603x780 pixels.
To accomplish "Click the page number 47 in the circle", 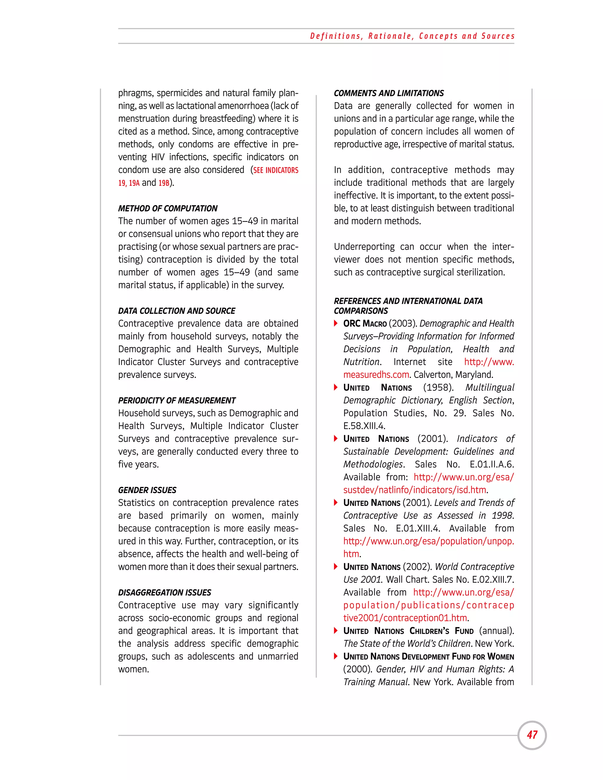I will point(532,735).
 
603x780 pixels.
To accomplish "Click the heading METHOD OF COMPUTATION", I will point(168,208).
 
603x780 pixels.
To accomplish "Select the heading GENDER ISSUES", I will point(147,490).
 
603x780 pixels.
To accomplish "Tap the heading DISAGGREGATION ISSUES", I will point(164,593).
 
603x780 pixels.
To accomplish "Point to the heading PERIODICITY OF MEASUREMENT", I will point(177,400).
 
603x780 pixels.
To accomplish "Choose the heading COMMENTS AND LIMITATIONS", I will point(389,93).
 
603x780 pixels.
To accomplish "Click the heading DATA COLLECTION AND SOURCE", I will point(176,311).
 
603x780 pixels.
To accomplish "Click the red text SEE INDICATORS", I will point(275,170).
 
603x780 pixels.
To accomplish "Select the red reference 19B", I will point(164,183).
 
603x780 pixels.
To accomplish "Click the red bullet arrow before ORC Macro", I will point(336,323).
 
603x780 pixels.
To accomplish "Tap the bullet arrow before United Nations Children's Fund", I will point(336,630).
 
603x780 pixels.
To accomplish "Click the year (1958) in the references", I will point(438,388).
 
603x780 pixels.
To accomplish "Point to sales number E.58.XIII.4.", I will point(364,426).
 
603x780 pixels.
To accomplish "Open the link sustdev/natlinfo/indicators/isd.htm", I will point(414,490).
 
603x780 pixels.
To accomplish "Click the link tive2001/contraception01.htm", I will point(405,618).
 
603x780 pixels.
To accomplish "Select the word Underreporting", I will point(364,247).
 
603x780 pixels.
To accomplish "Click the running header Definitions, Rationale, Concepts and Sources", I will point(412,36).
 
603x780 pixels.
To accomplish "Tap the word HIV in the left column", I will point(158,157).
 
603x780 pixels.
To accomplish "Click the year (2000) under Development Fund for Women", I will point(357,669).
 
